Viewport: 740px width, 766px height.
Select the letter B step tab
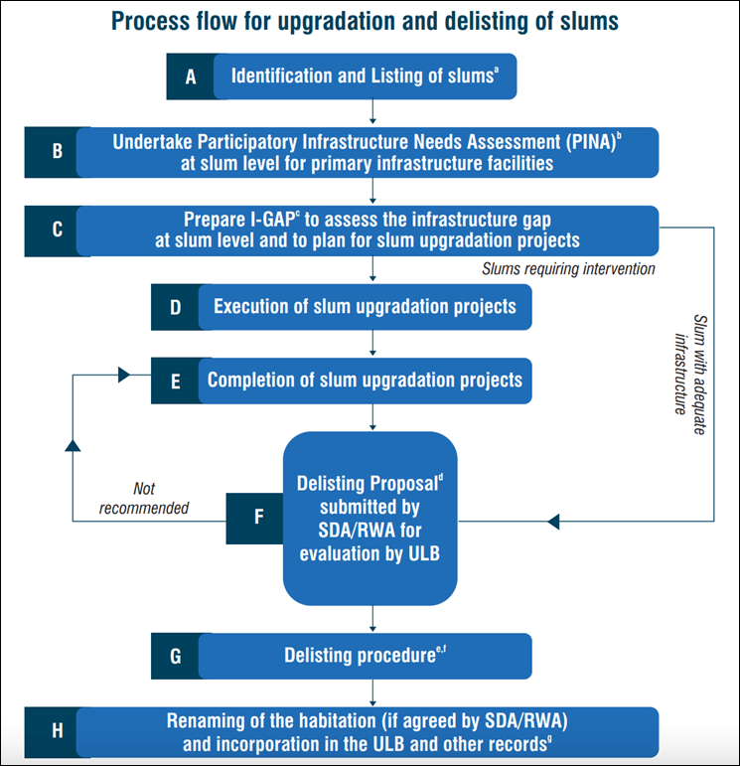[x=57, y=152]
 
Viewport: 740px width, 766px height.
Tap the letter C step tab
[x=57, y=230]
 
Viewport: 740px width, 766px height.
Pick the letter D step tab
[x=175, y=307]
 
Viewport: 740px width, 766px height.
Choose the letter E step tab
[x=175, y=381]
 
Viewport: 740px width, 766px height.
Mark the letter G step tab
[x=175, y=655]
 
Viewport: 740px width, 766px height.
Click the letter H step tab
[x=57, y=732]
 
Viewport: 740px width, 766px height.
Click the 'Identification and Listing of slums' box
[x=363, y=77]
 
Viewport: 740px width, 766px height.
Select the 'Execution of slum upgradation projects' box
[x=366, y=307]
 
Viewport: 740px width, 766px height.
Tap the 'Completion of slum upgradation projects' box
[x=366, y=381]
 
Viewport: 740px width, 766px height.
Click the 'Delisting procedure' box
[x=366, y=655]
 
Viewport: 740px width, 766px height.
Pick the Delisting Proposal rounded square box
[x=370, y=518]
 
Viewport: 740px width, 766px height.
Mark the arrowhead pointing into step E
[x=124, y=375]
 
